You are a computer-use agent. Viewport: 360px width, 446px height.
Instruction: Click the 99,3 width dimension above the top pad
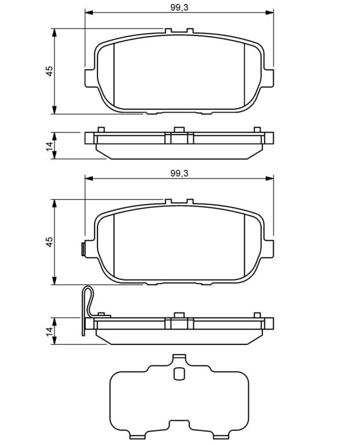(x=179, y=8)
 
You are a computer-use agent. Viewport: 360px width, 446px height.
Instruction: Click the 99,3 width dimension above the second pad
(x=179, y=173)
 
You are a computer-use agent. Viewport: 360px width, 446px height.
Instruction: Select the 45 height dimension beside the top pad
(x=49, y=71)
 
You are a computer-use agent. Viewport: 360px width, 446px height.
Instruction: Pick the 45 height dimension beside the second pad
(x=49, y=242)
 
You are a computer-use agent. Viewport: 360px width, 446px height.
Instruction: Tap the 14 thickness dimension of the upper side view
(x=49, y=146)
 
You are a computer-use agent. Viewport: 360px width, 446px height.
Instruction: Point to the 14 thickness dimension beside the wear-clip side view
(x=49, y=332)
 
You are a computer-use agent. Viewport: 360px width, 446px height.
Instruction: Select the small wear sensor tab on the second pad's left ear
(x=83, y=249)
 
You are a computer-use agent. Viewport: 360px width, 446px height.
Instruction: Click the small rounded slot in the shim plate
(x=179, y=373)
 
